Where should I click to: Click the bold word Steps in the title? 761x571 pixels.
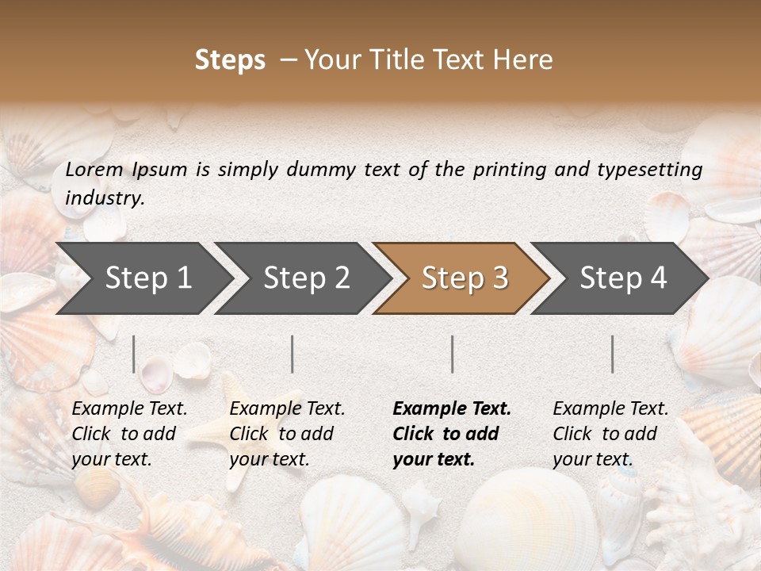tap(230, 60)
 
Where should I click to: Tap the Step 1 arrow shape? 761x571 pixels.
tap(143, 278)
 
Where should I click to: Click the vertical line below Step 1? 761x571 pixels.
tap(134, 354)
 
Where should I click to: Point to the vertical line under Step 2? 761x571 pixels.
tap(293, 354)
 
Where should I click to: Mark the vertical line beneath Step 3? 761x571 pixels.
tap(453, 354)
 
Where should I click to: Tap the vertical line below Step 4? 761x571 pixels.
tap(613, 354)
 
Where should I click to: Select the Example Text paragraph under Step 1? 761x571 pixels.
tap(128, 434)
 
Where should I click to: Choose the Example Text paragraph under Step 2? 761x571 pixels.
tap(286, 434)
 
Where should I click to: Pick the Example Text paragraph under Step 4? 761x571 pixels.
tap(610, 434)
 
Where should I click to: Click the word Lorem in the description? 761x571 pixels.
tap(94, 169)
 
